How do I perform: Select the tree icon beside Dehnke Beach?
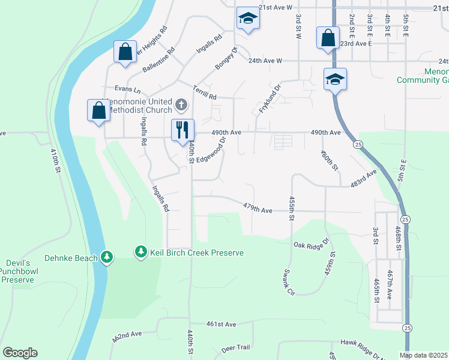[x=107, y=257]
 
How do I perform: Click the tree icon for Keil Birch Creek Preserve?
[x=141, y=252]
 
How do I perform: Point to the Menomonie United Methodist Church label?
[x=138, y=106]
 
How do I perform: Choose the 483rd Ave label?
[x=364, y=179]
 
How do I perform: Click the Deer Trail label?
[x=235, y=348]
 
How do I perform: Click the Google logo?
[x=20, y=353]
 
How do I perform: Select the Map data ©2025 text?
[x=423, y=355]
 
